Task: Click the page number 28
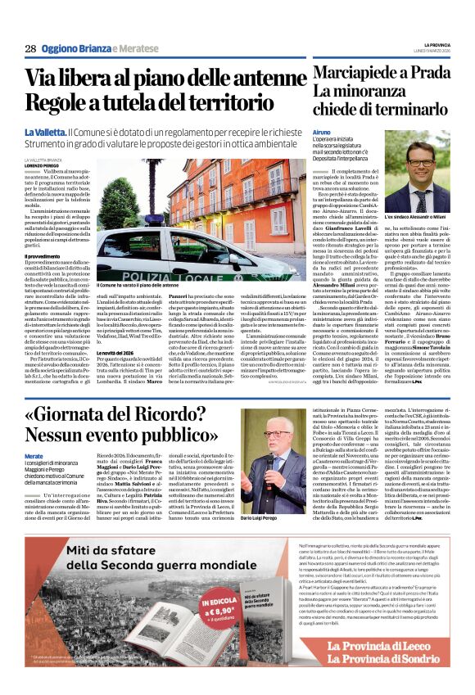click(x=30, y=48)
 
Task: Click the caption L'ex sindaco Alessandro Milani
click(x=417, y=217)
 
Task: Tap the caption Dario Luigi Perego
click(x=264, y=518)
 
